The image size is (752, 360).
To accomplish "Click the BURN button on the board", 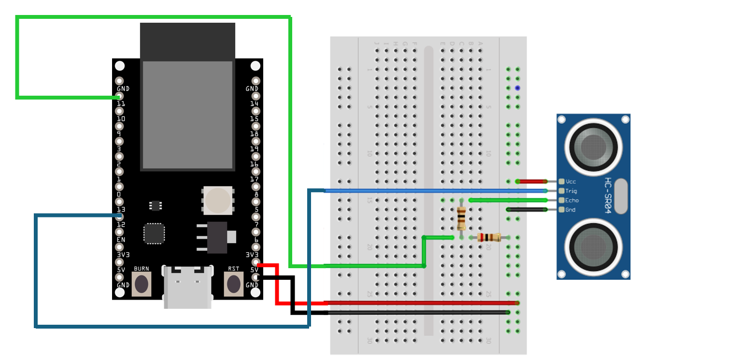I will [x=142, y=284].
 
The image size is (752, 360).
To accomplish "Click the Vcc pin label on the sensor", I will [x=571, y=181].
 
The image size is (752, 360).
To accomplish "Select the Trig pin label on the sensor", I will [x=571, y=191].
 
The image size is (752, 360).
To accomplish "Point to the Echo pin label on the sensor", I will [x=572, y=200].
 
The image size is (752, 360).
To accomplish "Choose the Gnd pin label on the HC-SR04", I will [x=571, y=210].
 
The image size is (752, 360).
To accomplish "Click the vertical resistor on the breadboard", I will [x=461, y=218].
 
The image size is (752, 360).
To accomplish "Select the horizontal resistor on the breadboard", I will [x=489, y=237].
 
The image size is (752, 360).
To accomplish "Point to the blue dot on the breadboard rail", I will [x=517, y=88].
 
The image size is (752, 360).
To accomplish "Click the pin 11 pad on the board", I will [x=119, y=97].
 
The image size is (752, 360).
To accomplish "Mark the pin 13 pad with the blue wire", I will [x=119, y=216].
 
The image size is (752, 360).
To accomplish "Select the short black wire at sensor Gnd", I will [x=527, y=210].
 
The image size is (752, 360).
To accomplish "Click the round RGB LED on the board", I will [x=218, y=200].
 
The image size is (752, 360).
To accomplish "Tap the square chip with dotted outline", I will [x=154, y=233].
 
